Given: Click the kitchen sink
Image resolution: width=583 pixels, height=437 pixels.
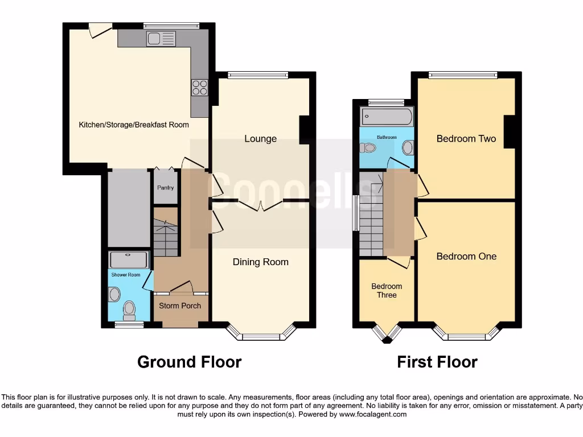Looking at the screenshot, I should point(161,39).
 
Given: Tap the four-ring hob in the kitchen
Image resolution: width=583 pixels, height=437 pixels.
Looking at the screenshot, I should point(200,87).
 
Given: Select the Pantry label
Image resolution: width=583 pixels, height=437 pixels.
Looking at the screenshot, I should point(166,188).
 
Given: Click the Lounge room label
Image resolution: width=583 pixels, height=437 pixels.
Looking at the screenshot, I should point(261,139).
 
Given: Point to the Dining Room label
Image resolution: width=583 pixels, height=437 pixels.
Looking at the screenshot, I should point(261,262).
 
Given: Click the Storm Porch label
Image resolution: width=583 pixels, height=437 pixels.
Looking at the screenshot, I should point(180,306).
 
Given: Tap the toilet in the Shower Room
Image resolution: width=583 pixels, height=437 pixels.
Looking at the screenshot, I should point(129,310).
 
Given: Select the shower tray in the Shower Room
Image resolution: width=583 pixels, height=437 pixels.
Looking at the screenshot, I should point(129,260).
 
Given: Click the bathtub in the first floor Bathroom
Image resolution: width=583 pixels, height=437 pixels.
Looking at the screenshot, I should point(385,118).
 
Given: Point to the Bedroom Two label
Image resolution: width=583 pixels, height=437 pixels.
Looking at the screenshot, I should point(466,139).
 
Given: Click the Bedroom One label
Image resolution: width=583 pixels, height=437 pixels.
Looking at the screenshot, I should point(466,256).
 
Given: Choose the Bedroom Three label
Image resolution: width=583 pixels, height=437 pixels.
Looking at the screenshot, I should point(387,291).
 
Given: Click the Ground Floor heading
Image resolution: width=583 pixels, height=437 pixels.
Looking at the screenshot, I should point(189,362).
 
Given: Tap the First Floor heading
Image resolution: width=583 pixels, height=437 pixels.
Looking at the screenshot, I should point(437,362).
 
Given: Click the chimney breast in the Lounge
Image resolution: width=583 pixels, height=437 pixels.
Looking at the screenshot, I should point(304,130).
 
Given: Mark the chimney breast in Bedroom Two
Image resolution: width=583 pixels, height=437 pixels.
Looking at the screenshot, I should point(509,131).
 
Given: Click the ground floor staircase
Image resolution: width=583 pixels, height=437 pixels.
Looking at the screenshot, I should point(166,233).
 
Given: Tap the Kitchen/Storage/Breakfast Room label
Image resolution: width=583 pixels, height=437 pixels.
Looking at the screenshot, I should point(134,125).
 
